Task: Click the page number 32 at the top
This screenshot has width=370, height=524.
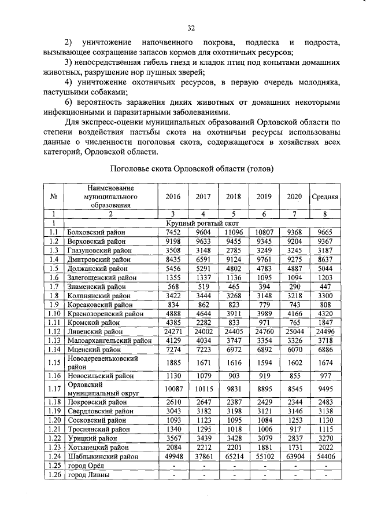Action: click(x=191, y=27)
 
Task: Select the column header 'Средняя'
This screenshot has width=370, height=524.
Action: click(x=325, y=197)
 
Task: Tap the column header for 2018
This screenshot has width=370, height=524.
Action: click(x=234, y=197)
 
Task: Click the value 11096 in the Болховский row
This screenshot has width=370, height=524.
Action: click(x=234, y=232)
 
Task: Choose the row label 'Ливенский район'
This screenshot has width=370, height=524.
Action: click(x=92, y=331)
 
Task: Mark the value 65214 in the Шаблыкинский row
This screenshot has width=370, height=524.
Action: click(x=234, y=456)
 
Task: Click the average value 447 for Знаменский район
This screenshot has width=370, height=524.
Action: click(x=325, y=286)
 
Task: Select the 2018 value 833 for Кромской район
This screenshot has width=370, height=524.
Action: click(x=234, y=323)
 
